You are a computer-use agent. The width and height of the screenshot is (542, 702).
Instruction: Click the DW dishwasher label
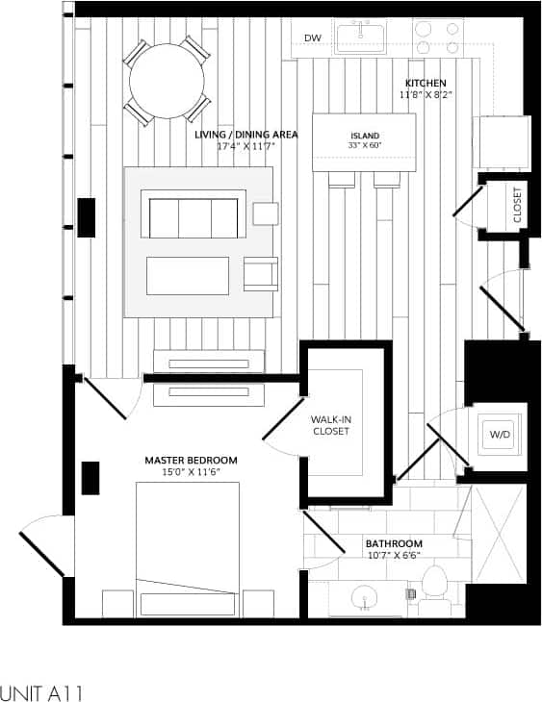312,38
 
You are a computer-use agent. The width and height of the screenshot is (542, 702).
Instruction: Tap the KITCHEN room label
425,84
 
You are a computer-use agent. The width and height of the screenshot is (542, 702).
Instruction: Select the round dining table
168,80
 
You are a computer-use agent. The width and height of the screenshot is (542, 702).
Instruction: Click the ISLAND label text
364,136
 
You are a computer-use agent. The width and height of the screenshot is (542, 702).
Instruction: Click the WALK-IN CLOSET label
329,426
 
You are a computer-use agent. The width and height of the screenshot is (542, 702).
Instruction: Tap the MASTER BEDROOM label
191,461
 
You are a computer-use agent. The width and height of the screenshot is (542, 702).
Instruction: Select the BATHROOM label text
393,543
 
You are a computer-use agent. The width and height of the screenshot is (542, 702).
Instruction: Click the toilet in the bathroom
436,586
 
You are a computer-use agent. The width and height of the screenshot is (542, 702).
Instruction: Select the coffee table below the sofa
188,275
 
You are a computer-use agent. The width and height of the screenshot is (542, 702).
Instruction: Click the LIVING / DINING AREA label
245,135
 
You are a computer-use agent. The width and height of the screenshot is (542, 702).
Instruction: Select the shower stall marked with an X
499,534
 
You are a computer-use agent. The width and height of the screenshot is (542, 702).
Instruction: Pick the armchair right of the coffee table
261,274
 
